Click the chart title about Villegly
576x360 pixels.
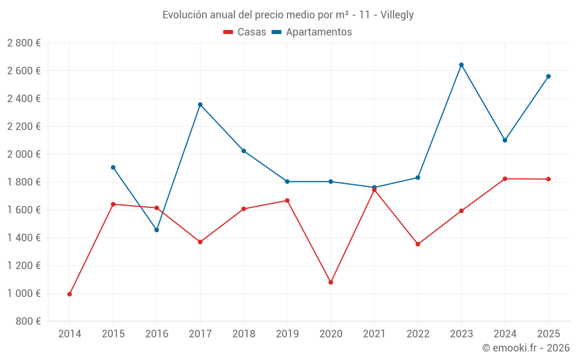[288, 14]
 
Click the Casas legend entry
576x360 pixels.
[245, 32]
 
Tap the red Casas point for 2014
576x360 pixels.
[70, 294]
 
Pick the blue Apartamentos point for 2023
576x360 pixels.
[461, 65]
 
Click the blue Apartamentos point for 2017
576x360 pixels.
[200, 105]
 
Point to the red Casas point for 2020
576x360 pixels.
[331, 282]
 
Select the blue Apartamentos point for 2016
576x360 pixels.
[157, 230]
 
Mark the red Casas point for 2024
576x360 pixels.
[505, 179]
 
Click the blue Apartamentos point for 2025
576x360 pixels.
[548, 77]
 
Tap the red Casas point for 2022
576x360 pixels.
[418, 244]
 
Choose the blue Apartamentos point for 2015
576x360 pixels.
[113, 168]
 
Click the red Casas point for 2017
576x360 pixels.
[200, 242]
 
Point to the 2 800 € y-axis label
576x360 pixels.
[24, 43]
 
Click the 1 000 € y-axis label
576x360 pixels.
[24, 294]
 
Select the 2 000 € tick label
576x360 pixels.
[24, 154]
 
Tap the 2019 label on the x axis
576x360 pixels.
[287, 334]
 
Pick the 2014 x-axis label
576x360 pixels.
[70, 334]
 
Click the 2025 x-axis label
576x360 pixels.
[548, 334]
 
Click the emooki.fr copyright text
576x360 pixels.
[526, 348]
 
